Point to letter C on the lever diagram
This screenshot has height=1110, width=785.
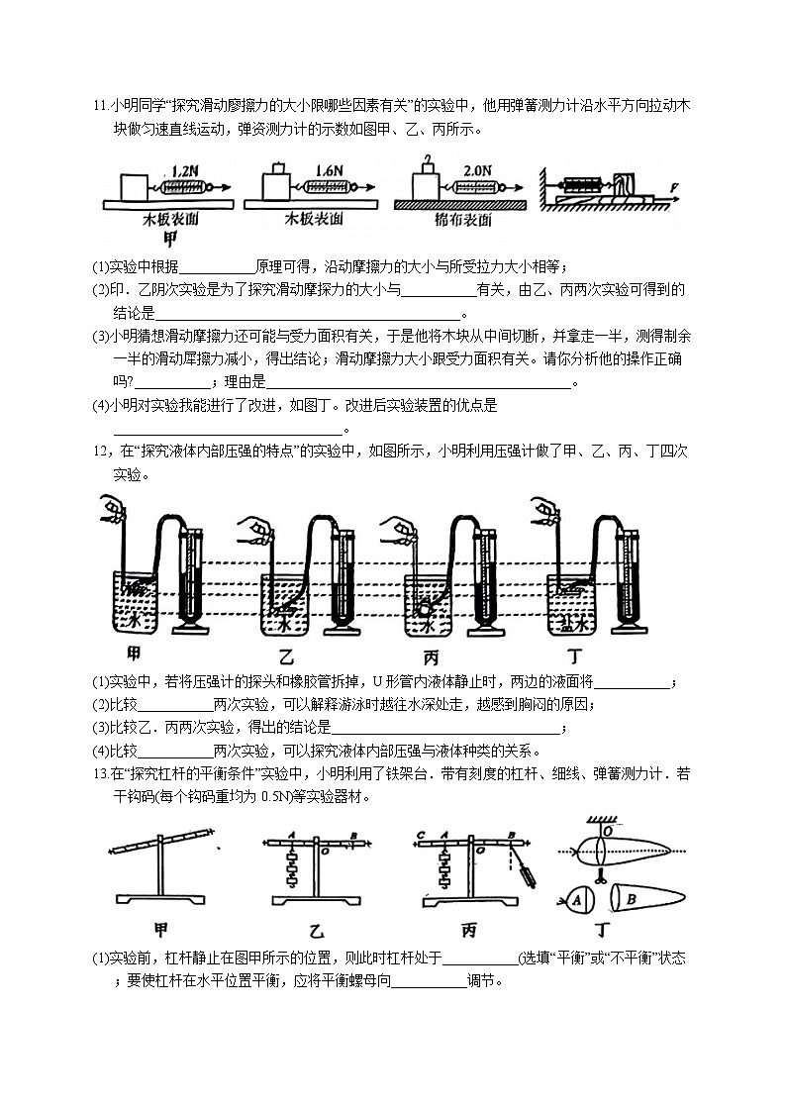click(422, 834)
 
